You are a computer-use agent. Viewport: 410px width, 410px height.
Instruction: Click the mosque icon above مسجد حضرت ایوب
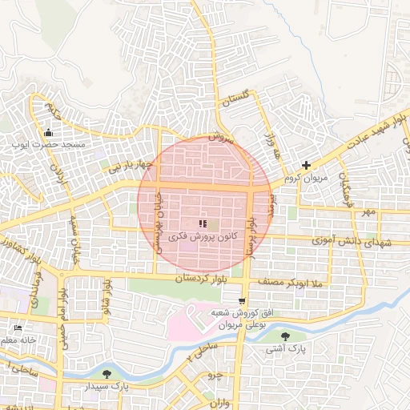(x=50, y=133)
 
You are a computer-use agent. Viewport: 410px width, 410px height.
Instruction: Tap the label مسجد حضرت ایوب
(x=49, y=146)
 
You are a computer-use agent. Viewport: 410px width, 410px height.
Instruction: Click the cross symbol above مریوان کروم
(x=306, y=164)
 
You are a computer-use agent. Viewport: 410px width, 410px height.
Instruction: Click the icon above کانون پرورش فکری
(x=202, y=223)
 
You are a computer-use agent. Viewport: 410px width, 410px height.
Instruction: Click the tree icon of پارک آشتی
(x=287, y=337)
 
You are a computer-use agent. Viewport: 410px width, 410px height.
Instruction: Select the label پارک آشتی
(x=287, y=350)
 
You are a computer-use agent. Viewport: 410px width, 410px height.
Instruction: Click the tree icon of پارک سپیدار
(x=107, y=374)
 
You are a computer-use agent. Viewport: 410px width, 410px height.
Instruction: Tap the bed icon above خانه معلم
(x=18, y=328)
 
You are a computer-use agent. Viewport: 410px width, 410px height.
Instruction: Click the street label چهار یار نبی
(x=131, y=167)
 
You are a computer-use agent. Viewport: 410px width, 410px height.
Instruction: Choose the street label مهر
(x=367, y=212)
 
